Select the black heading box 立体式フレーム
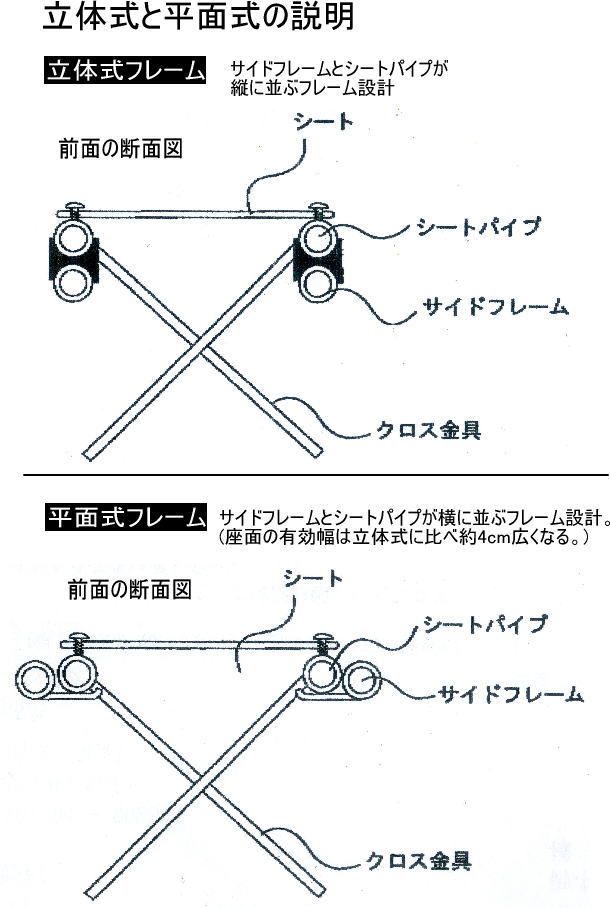(125, 73)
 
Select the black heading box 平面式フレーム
(125, 519)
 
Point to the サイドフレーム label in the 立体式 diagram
(491, 306)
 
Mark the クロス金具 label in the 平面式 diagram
(418, 859)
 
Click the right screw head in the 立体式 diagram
(322, 209)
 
